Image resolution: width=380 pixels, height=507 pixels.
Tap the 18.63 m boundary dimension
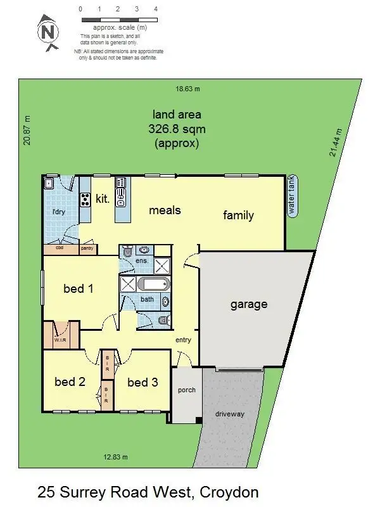coord(187,89)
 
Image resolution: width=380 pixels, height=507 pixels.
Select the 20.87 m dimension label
coord(27,131)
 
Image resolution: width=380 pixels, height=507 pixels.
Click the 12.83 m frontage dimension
coord(116,457)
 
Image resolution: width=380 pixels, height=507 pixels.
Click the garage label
coord(248,304)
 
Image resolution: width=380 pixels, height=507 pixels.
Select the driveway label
coord(229,414)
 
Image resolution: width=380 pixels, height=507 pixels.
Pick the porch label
coord(186,390)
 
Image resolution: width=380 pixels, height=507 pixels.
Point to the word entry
coord(183,340)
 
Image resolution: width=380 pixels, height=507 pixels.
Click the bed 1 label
coord(79,289)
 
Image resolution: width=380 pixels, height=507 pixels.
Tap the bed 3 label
coord(142,382)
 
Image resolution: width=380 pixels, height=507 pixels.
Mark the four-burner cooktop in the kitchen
coord(84,200)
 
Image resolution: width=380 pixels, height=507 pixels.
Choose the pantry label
coord(87,248)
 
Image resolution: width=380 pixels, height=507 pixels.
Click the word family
coord(238,215)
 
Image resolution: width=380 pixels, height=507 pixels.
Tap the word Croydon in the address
coord(229,492)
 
